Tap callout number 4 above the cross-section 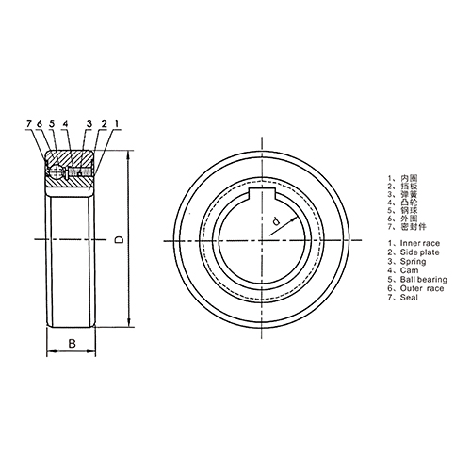point(66,123)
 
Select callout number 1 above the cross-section point(116,123)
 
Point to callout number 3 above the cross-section point(88,123)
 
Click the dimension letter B point(72,345)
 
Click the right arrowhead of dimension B point(93,354)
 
